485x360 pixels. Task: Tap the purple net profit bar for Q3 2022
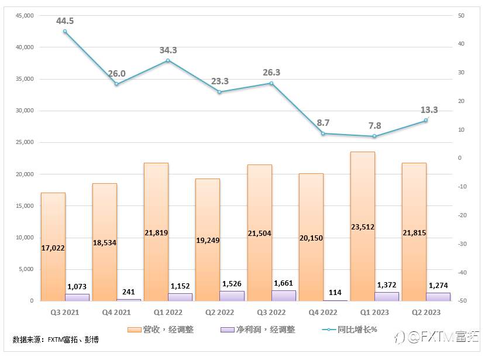tap(284, 296)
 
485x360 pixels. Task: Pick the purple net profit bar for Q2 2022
tap(232, 296)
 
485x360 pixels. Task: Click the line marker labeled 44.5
tap(65, 32)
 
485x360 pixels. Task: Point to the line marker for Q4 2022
tap(323, 133)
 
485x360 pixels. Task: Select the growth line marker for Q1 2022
tap(168, 60)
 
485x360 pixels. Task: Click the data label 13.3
tap(429, 110)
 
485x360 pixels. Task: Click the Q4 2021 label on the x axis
tap(116, 313)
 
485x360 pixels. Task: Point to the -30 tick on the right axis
tap(461, 244)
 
